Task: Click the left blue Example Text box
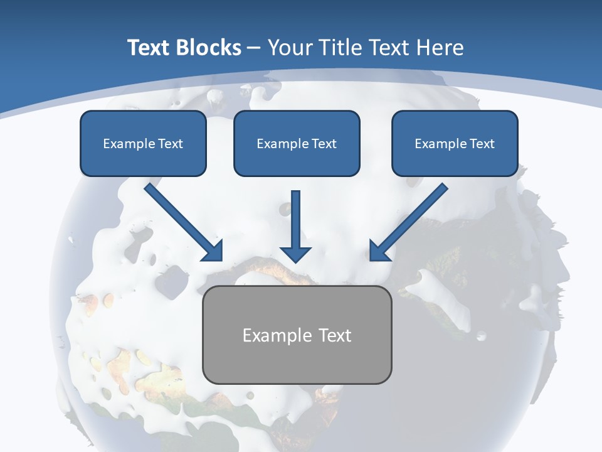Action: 143,143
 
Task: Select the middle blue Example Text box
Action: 297,143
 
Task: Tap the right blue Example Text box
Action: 455,143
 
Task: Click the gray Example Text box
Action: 297,335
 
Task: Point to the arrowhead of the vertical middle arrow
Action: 295,254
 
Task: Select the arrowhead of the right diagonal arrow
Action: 378,252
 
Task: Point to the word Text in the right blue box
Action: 482,144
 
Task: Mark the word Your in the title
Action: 291,48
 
